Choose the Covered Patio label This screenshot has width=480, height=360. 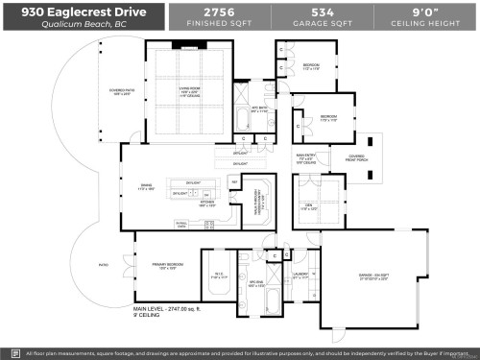click(97, 94)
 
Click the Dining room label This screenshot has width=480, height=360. click(146, 189)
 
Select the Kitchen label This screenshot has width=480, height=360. click(207, 203)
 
